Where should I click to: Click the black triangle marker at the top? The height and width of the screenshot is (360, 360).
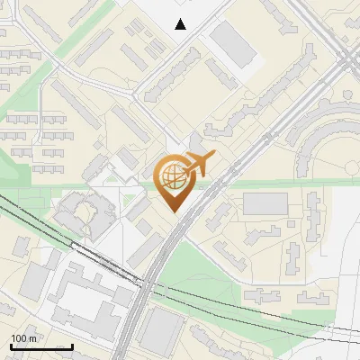click(x=181, y=24)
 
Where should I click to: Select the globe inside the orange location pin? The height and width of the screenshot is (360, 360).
click(x=173, y=177)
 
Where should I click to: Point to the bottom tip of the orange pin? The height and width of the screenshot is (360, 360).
click(x=173, y=212)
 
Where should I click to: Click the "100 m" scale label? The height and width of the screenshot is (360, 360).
click(x=24, y=338)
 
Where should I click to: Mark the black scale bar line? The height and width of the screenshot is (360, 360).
click(x=40, y=346)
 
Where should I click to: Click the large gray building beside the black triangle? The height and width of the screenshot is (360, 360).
click(x=233, y=43)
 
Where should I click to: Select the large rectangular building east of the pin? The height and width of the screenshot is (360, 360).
click(x=265, y=203)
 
